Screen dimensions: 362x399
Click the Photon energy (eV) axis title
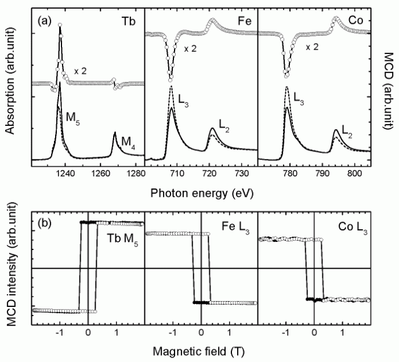click(x=199, y=191)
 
